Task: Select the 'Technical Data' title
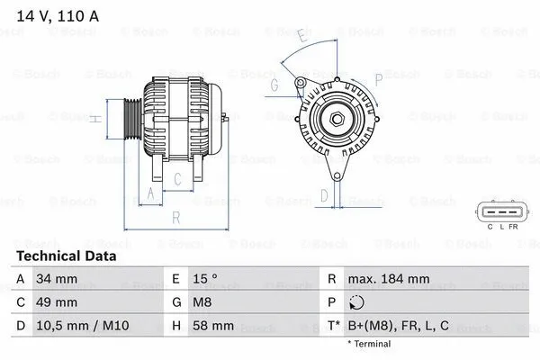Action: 66,256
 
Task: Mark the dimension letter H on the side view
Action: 93,116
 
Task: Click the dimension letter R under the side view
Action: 175,217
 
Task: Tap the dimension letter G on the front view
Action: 274,85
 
